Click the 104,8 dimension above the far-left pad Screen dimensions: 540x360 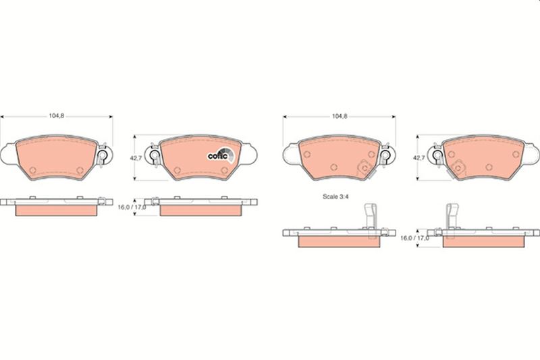click(x=57, y=116)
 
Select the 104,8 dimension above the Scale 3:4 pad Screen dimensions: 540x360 click(x=340, y=116)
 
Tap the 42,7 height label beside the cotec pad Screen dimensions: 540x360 click(x=136, y=158)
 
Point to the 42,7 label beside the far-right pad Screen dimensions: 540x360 click(x=418, y=158)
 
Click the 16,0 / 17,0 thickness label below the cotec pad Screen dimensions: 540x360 click(x=132, y=207)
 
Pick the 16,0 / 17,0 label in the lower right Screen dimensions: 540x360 click(x=414, y=238)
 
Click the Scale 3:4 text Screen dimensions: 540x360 click(x=335, y=197)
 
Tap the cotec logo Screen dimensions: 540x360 click(x=221, y=156)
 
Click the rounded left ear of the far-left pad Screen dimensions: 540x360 click(x=8, y=153)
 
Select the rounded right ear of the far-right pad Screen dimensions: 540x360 click(x=532, y=153)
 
